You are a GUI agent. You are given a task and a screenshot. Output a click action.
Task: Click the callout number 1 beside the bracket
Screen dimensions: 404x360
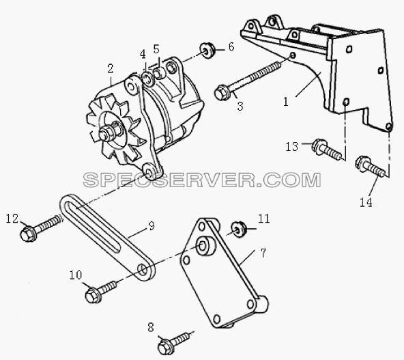(x=286, y=102)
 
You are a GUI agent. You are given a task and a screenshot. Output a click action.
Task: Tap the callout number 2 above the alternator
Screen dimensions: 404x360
(x=111, y=68)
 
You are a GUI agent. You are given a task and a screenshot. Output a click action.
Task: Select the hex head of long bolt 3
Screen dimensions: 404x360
(x=220, y=93)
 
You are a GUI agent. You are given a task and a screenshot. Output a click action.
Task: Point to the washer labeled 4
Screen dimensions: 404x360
(x=147, y=78)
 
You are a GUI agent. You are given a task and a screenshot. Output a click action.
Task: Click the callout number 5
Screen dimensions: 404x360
(x=156, y=49)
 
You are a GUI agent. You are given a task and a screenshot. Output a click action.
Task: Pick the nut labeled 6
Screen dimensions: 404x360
(x=206, y=50)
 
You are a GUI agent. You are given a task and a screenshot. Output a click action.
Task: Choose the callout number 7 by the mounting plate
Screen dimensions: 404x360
(x=263, y=253)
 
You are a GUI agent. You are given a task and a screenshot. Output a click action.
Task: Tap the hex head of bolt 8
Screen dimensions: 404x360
(x=165, y=348)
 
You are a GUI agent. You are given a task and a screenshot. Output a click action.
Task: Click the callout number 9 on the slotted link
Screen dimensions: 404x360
(x=151, y=226)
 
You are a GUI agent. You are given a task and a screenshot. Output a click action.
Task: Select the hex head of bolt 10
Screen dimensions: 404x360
(x=93, y=296)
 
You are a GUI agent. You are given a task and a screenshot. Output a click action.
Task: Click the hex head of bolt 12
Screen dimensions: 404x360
(x=28, y=234)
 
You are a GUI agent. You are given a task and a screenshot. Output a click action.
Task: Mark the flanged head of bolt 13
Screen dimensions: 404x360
(x=319, y=147)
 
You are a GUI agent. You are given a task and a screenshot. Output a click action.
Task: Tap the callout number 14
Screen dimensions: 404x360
(x=366, y=202)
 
